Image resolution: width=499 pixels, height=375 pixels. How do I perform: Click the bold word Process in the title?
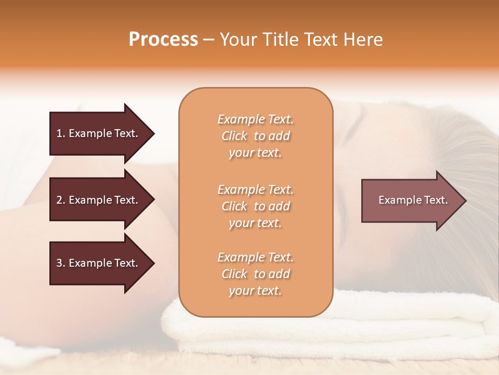(x=163, y=40)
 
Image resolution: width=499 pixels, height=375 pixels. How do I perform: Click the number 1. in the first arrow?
(x=61, y=133)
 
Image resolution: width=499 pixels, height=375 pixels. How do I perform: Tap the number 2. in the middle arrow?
(x=61, y=200)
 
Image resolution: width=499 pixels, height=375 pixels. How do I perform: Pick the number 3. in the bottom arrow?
(x=61, y=263)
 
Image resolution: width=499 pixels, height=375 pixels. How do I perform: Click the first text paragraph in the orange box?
(x=255, y=136)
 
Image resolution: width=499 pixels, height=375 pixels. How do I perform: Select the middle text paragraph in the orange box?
(x=255, y=206)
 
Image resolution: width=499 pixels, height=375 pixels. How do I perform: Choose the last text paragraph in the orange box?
(x=255, y=274)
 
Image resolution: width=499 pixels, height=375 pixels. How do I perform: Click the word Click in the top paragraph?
(x=234, y=136)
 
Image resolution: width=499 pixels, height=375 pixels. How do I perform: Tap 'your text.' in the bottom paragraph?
(x=255, y=291)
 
